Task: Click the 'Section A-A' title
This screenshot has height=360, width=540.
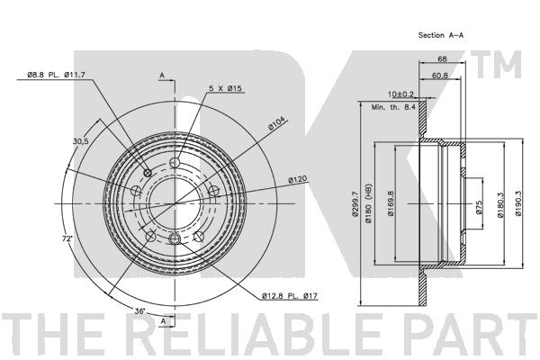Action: tap(441, 35)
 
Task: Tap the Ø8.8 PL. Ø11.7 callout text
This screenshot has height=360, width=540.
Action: tap(56, 75)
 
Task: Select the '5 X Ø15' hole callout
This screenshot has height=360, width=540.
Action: tap(225, 88)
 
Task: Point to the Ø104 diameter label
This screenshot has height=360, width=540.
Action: tap(276, 123)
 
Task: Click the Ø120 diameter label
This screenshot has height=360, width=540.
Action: tap(297, 179)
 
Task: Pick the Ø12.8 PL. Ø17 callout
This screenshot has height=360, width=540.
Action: tap(289, 295)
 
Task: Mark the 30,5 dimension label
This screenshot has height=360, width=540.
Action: tap(81, 141)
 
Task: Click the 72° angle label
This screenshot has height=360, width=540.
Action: tap(67, 238)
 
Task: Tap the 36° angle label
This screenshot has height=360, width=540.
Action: tap(139, 311)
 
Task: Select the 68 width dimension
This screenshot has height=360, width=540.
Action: tap(442, 58)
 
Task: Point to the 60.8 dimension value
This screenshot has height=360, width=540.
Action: tap(440, 76)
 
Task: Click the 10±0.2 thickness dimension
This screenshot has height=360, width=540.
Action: tap(400, 94)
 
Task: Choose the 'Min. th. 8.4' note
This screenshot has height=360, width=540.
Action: tap(393, 107)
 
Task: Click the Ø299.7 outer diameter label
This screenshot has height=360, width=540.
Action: tap(355, 204)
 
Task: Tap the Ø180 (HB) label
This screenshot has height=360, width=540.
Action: tap(369, 203)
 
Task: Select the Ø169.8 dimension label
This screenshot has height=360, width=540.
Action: tap(391, 203)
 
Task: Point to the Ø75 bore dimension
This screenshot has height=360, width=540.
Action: tap(479, 207)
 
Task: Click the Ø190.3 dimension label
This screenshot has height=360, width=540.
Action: tap(519, 203)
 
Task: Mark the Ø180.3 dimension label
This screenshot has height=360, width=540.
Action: tap(500, 204)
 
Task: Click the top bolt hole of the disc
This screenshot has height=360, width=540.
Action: tap(175, 162)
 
